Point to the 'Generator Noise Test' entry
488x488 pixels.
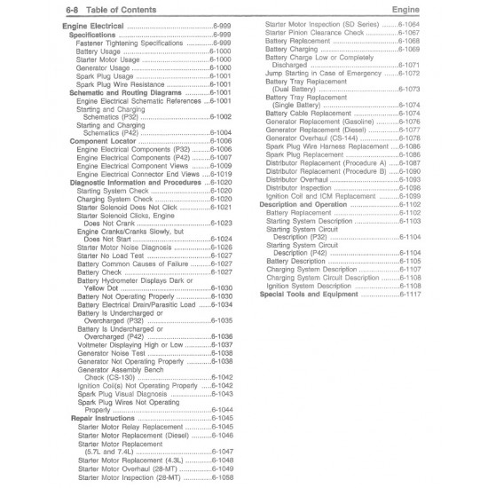click(111, 352)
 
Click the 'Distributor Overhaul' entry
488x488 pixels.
click(301, 179)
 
